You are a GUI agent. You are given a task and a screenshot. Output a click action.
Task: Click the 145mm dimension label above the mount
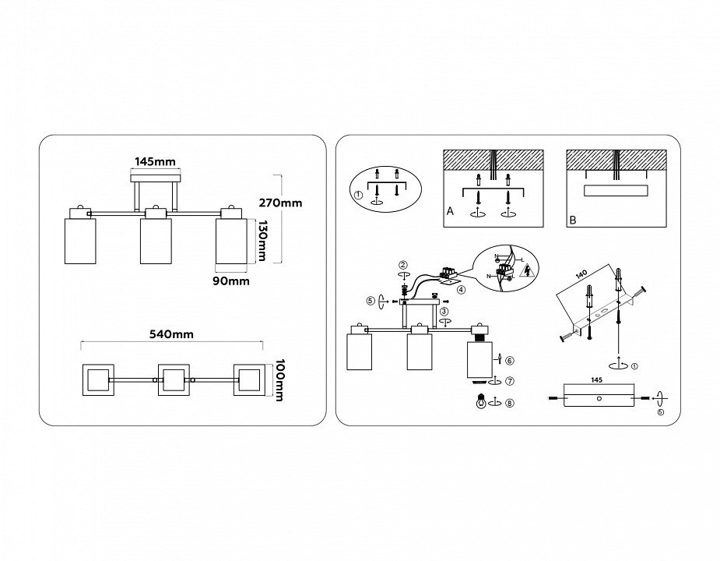click(x=155, y=161)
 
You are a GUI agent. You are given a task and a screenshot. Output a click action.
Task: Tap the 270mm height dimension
click(x=280, y=203)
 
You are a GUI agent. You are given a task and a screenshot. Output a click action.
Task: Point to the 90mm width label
click(x=232, y=281)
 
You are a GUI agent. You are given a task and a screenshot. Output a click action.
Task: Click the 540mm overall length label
click(x=171, y=334)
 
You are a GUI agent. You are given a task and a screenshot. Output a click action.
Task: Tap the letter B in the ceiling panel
click(x=572, y=221)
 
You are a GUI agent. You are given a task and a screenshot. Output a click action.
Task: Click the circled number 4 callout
click(x=461, y=290)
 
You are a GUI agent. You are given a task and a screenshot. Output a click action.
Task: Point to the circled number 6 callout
click(x=509, y=361)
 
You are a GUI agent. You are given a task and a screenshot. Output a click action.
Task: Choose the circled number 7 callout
click(x=509, y=381)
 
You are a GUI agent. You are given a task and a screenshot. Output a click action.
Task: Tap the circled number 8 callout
click(x=509, y=403)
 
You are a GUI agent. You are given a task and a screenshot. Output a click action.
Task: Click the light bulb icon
click(x=480, y=402)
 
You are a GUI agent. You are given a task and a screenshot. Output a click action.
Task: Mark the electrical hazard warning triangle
click(x=529, y=271)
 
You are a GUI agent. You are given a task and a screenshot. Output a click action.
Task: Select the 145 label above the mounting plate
click(x=595, y=382)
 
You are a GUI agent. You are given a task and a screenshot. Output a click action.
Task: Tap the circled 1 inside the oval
click(x=357, y=196)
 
